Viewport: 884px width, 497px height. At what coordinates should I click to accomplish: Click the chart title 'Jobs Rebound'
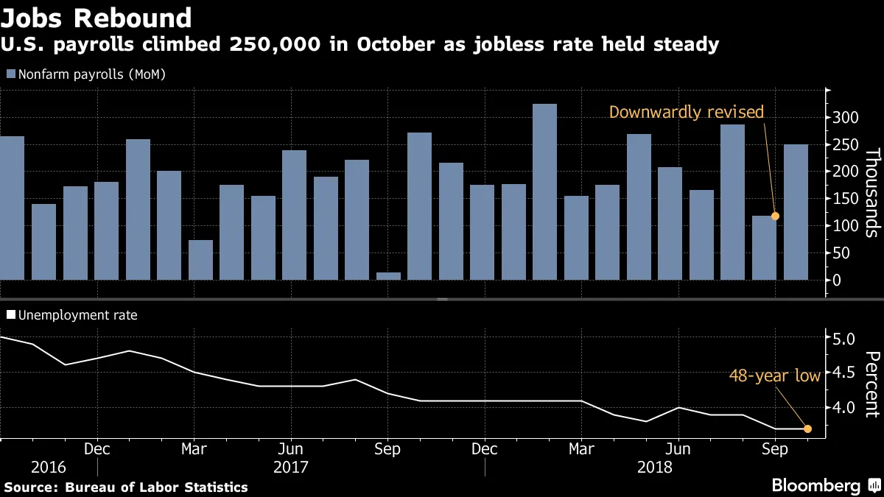[x=98, y=17]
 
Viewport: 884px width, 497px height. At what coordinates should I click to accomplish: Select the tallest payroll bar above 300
[x=544, y=191]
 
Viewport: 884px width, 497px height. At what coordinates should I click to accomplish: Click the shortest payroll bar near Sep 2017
[x=388, y=276]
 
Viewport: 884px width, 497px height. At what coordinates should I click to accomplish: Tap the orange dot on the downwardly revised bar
[x=775, y=216]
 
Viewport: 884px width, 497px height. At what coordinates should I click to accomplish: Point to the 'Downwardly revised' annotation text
[x=686, y=113]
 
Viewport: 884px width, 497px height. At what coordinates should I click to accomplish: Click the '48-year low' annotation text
[x=774, y=376]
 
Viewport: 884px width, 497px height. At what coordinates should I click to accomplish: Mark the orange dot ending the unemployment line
[x=807, y=429]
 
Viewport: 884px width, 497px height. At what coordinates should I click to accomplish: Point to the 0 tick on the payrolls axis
[x=836, y=281]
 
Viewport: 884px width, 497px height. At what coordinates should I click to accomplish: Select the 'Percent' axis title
[x=871, y=384]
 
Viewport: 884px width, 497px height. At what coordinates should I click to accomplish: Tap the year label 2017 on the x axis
[x=290, y=467]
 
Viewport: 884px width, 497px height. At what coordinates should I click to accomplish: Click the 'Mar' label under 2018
[x=582, y=448]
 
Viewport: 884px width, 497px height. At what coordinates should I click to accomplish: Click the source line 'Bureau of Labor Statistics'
[x=156, y=487]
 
